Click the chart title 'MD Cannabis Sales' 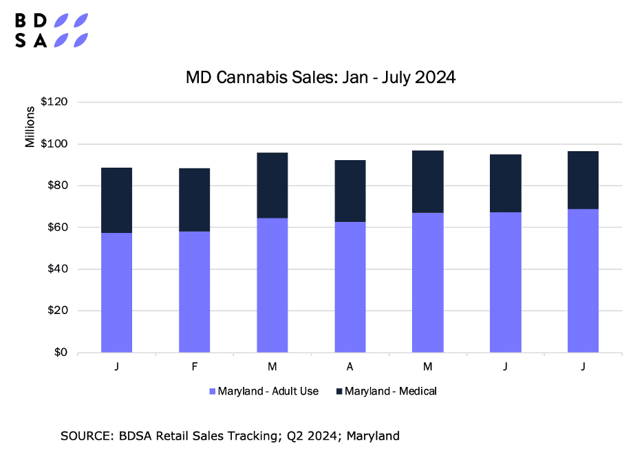[321, 78]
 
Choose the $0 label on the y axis [61, 352]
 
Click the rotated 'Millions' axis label [30, 127]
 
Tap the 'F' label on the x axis [195, 368]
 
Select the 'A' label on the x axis [350, 368]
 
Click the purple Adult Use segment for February [195, 292]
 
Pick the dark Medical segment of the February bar [195, 200]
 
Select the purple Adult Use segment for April [350, 287]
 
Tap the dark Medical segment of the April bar [350, 191]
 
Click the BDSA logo [52, 30]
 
